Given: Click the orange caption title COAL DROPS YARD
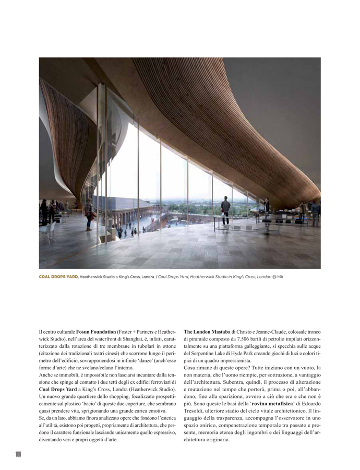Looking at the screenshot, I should click(x=58, y=277).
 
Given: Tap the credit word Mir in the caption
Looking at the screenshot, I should click(x=280, y=277).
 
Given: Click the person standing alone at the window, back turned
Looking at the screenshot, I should click(x=225, y=211).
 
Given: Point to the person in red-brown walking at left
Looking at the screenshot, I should click(x=89, y=216).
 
